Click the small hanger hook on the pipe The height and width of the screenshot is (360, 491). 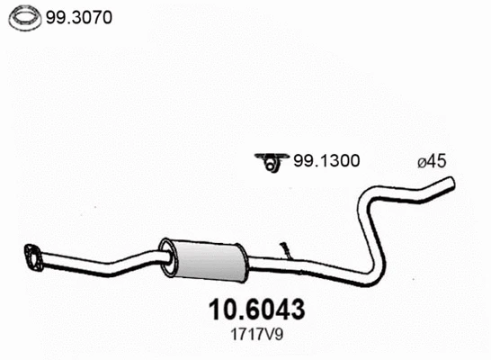tap(286, 248)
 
